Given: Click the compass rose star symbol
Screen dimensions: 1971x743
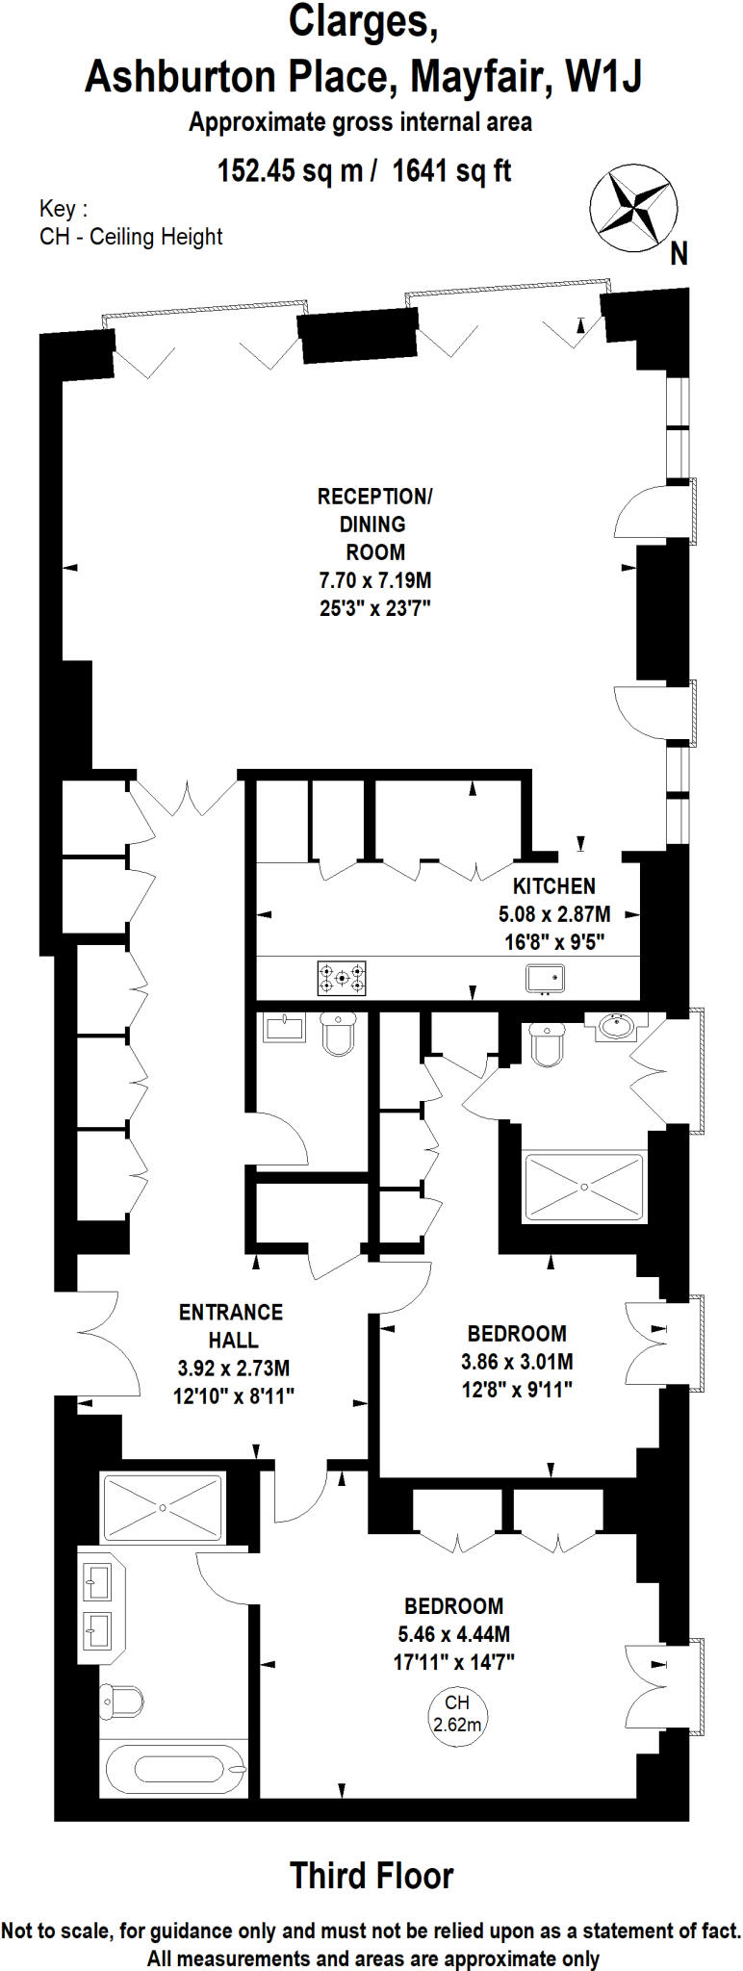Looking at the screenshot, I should pyautogui.click(x=632, y=204).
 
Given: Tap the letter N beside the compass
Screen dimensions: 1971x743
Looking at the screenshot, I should pyautogui.click(x=679, y=253).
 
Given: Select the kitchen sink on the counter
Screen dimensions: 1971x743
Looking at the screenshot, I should pyautogui.click(x=545, y=979).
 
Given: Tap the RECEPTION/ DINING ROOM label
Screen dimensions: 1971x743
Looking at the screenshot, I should pyautogui.click(x=374, y=524).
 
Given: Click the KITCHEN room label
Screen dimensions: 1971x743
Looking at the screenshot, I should pyautogui.click(x=553, y=885).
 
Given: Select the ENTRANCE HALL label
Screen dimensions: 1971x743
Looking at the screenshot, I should pyautogui.click(x=232, y=1325).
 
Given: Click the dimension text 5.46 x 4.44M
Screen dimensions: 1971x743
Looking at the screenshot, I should pyautogui.click(x=453, y=1633).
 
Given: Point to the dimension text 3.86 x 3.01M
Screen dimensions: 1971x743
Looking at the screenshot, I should pyautogui.click(x=517, y=1361).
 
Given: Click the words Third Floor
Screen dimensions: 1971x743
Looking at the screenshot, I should pyautogui.click(x=371, y=1875).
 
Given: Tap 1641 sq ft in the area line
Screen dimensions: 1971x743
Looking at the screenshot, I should pyautogui.click(x=451, y=171).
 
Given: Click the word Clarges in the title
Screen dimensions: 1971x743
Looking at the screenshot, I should pyautogui.click(x=364, y=22).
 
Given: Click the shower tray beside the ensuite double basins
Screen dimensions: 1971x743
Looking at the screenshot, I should pyautogui.click(x=163, y=1506).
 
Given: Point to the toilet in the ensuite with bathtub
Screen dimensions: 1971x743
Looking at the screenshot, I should pyautogui.click(x=121, y=1701).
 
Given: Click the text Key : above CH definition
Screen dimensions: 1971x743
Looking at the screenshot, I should pyautogui.click(x=64, y=209).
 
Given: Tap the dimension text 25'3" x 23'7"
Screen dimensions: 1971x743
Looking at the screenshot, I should pyautogui.click(x=374, y=607).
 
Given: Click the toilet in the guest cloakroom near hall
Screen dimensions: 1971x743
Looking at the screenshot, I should pyautogui.click(x=338, y=1033).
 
